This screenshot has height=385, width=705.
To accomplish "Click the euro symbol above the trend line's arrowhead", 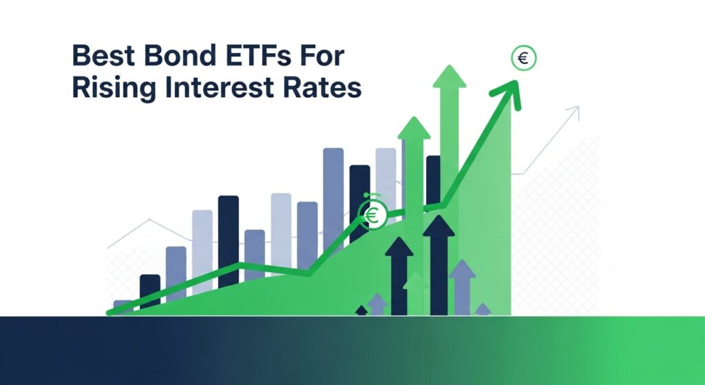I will point(523,59).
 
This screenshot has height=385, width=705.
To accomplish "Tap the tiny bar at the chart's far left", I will point(122,305).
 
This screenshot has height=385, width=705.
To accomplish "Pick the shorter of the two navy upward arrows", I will point(399,275).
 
